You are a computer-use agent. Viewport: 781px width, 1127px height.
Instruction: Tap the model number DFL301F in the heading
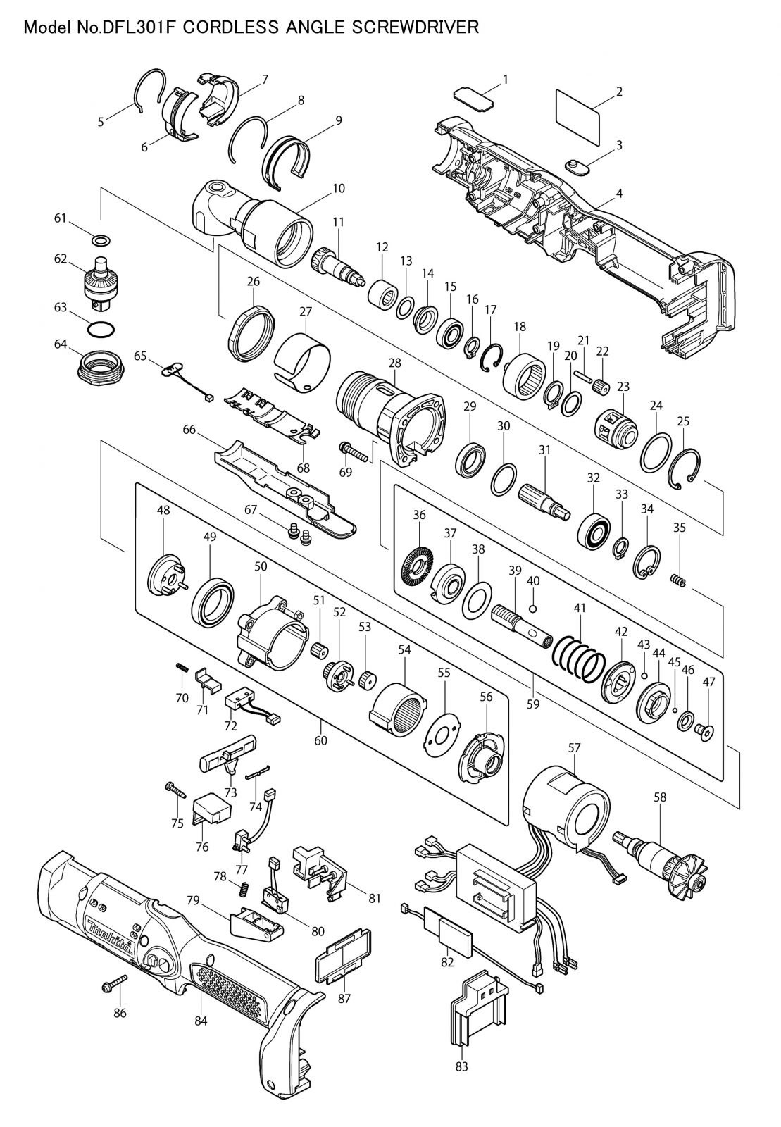pyautogui.click(x=137, y=27)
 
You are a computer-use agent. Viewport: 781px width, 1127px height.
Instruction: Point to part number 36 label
pyautogui.click(x=419, y=515)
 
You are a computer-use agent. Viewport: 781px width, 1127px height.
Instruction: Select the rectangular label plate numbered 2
pyautogui.click(x=578, y=118)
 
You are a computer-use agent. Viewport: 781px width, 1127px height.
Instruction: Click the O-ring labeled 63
pyautogui.click(x=101, y=330)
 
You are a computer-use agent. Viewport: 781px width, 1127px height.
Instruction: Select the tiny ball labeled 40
pyautogui.click(x=533, y=609)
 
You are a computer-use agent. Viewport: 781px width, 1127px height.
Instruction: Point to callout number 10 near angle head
pyautogui.click(x=339, y=188)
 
